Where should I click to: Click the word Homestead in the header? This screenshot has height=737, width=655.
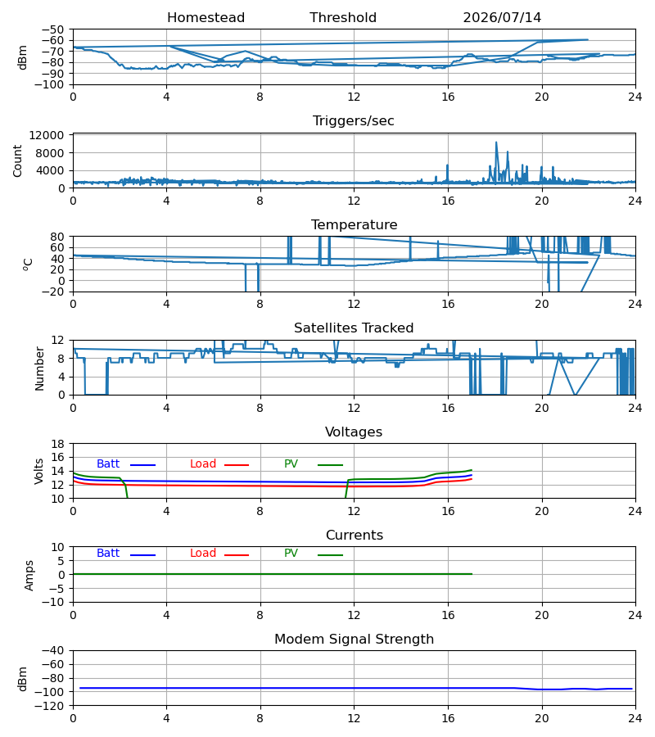pyautogui.click(x=206, y=18)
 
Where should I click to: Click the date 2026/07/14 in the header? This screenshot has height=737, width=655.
pyautogui.click(x=502, y=18)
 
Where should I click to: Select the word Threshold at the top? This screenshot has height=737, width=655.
pyautogui.click(x=343, y=18)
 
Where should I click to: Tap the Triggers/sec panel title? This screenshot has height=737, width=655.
pyautogui.click(x=354, y=121)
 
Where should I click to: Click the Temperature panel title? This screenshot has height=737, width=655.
pyautogui.click(x=354, y=224)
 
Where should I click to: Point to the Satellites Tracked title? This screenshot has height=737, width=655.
pyautogui.click(x=354, y=328)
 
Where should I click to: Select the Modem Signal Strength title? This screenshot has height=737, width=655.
pyautogui.click(x=354, y=640)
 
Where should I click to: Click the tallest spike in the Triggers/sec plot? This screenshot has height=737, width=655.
pyautogui.click(x=496, y=142)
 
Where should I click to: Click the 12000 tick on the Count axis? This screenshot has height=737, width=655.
pyautogui.click(x=47, y=135)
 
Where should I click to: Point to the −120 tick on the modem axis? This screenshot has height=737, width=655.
pyautogui.click(x=52, y=706)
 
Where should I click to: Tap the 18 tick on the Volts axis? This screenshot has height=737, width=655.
pyautogui.click(x=58, y=444)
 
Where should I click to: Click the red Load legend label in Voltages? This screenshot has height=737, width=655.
pyautogui.click(x=203, y=464)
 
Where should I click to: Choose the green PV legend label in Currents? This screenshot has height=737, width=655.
pyautogui.click(x=291, y=554)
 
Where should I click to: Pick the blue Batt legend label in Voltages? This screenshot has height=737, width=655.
pyautogui.click(x=108, y=464)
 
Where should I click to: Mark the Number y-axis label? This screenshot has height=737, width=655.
pyautogui.click(x=39, y=369)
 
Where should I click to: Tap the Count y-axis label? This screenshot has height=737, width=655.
pyautogui.click(x=18, y=161)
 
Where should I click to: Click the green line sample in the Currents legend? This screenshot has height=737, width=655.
pyautogui.click(x=330, y=555)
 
